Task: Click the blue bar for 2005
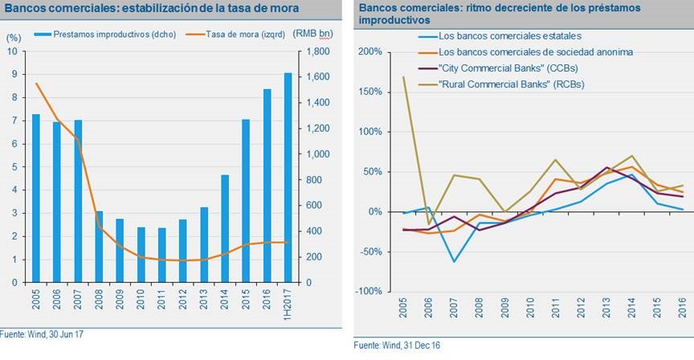35,198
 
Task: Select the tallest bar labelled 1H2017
288,178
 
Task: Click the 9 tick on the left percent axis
12,74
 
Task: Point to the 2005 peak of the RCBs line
403,77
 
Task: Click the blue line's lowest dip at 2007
455,261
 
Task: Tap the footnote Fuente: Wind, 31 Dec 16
399,345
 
